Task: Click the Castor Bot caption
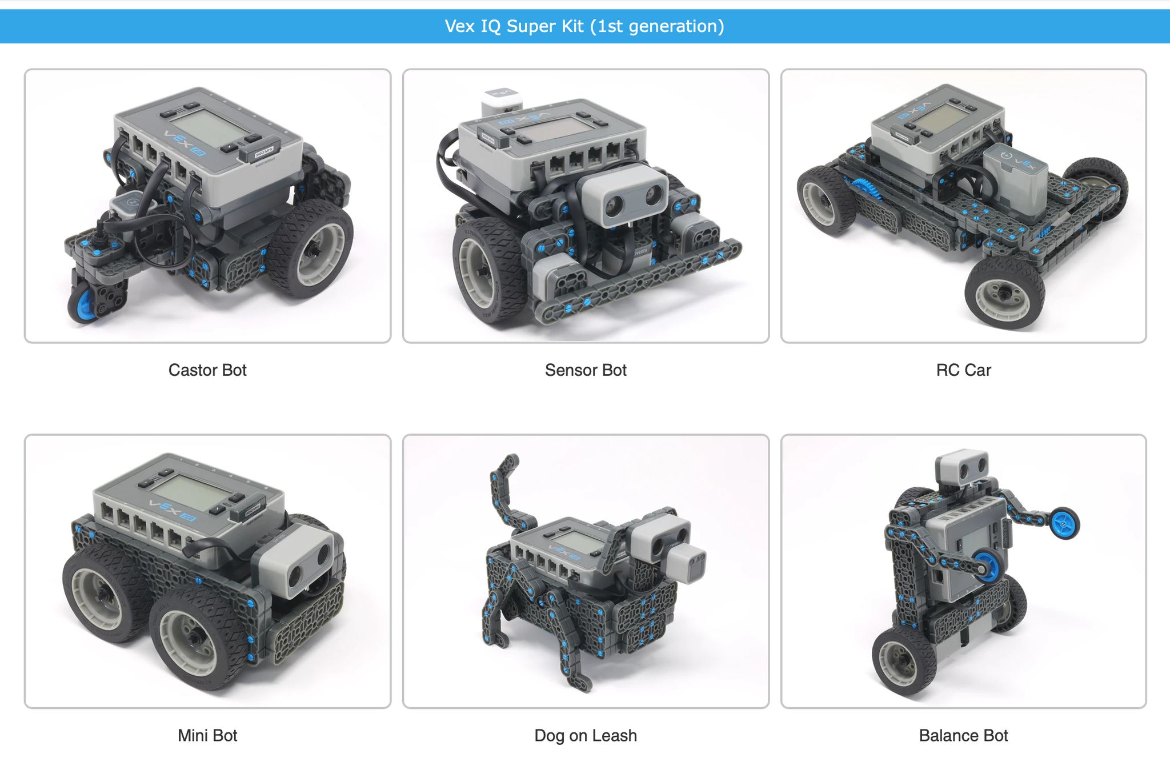[207, 370]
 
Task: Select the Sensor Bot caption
[586, 370]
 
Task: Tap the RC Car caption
[963, 370]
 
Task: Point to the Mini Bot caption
[207, 735]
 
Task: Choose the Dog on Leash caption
[586, 735]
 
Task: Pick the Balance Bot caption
[963, 735]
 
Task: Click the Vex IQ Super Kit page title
[584, 26]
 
